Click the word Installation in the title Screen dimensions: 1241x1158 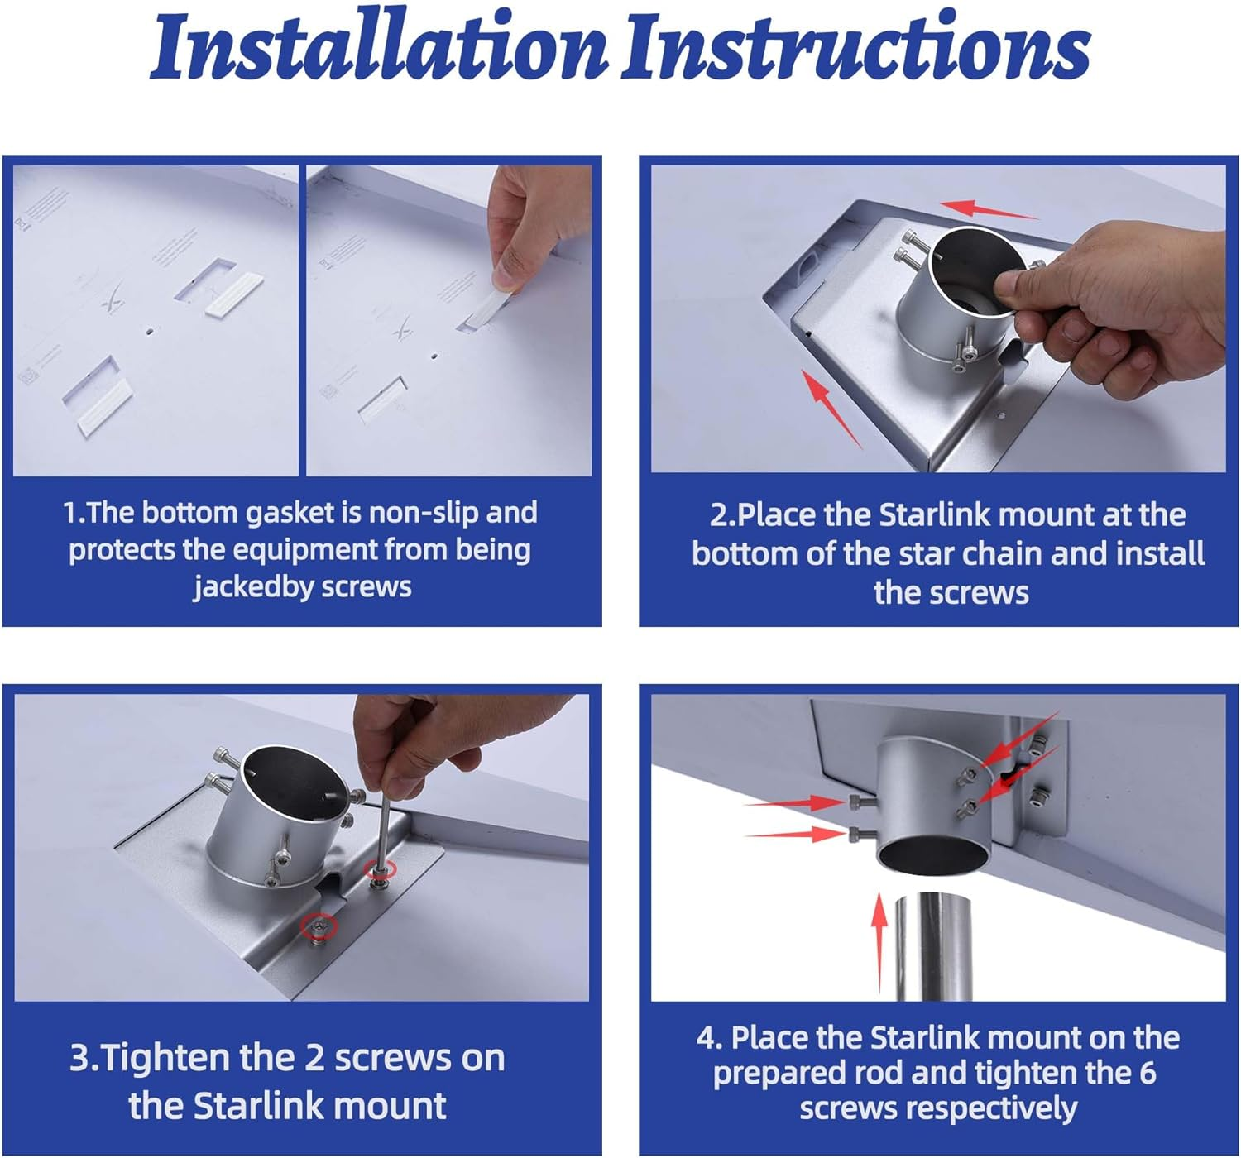coord(378,47)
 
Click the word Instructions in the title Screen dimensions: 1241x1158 coord(857,47)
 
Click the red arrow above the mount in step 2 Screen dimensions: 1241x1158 coord(989,209)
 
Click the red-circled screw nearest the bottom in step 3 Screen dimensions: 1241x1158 coord(319,926)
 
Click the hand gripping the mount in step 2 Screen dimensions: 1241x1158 coord(1119,306)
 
